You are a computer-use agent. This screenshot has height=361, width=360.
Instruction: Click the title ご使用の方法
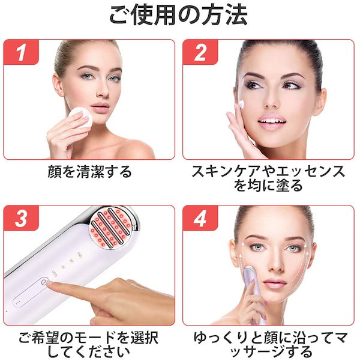179,15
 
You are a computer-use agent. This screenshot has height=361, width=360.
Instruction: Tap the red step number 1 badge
21,52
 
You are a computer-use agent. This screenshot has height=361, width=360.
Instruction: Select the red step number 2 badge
200,52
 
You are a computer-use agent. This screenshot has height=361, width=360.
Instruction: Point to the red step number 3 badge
21,218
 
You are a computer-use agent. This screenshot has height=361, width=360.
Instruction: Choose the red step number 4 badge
200,218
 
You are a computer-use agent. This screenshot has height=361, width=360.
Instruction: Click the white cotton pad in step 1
81,117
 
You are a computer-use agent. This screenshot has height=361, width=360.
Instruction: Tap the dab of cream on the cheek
241,104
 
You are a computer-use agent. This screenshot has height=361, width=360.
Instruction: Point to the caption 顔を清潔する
89,172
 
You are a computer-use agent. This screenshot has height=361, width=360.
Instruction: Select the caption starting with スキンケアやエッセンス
268,178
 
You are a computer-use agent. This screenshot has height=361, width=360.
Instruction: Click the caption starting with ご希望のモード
89,345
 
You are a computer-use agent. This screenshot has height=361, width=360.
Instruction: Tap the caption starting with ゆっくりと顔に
271,345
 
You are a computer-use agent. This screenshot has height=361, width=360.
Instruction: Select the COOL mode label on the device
55,274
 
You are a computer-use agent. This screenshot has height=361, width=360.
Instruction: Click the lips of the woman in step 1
100,108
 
